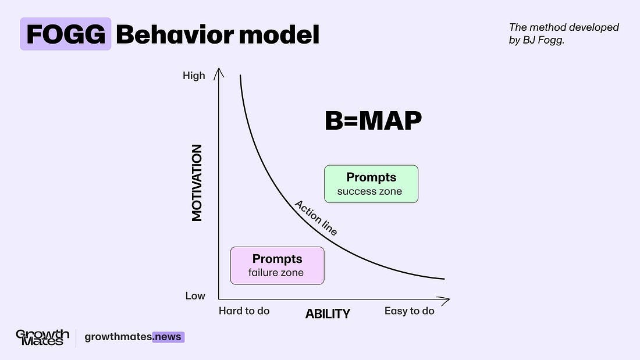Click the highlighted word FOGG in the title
(66, 34)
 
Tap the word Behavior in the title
(175, 34)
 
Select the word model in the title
(279, 34)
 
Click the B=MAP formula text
(373, 121)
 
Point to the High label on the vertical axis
(194, 76)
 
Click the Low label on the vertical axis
(195, 296)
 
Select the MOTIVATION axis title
(197, 183)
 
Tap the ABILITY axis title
(328, 313)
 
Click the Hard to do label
(244, 311)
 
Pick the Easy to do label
(410, 311)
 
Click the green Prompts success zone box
(371, 184)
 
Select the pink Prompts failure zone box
(277, 266)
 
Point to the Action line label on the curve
(316, 218)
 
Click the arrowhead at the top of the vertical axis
(219, 73)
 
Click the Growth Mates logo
(42, 337)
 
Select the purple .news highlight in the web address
(168, 337)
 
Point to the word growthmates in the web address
(118, 337)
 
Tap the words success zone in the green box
(369, 191)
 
